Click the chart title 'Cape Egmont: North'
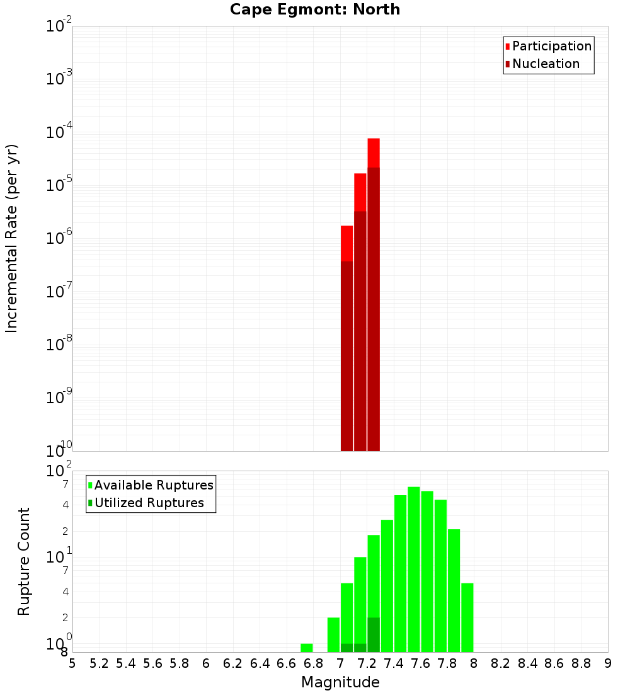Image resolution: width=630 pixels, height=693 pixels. coord(315,9)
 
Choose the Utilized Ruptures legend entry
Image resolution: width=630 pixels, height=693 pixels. coord(149,503)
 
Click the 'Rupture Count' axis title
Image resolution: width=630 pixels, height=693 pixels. coord(24,561)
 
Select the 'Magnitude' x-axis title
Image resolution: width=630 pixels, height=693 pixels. coord(340,682)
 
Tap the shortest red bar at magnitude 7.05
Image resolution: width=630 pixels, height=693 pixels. coord(346,243)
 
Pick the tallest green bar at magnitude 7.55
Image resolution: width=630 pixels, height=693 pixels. coord(414,567)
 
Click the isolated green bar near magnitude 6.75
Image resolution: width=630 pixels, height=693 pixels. coord(307,648)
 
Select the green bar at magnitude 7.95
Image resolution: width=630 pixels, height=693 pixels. coord(467,617)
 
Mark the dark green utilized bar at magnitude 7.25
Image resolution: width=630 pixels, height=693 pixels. coord(374,635)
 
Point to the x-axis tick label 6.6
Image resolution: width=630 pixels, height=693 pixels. coord(286,663)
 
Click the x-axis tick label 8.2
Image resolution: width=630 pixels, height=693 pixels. coord(500,663)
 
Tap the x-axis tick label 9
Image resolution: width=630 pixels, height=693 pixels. coord(608,663)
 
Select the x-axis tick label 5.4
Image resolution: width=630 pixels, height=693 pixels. coord(126,663)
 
